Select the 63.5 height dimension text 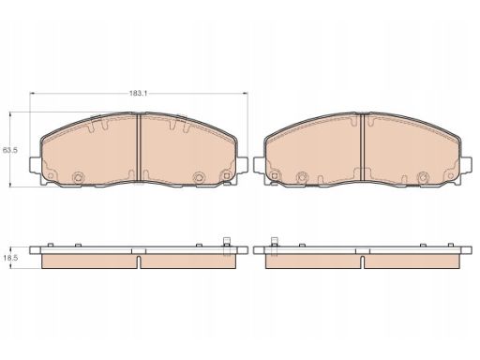[x=10, y=150]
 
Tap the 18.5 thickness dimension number [x=11, y=258]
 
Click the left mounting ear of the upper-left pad [x=35, y=164]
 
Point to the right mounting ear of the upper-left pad [x=242, y=164]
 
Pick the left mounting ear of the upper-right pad [x=259, y=164]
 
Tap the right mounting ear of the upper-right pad [x=466, y=164]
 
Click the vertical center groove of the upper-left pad [x=139, y=147]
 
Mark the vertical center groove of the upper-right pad [x=363, y=147]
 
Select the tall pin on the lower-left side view [x=227, y=247]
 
